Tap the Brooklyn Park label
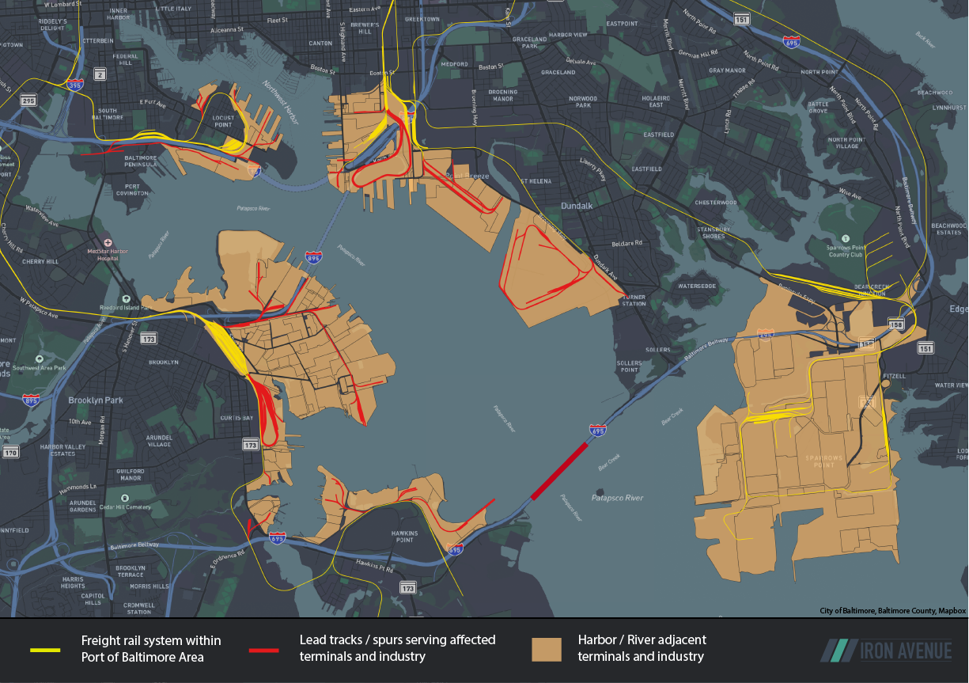tap(96, 400)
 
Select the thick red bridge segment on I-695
tap(558, 471)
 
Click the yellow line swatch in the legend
tap(45, 650)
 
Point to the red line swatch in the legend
tap(263, 650)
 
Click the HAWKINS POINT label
tap(403, 537)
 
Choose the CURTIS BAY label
tap(237, 418)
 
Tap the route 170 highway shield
tap(10, 453)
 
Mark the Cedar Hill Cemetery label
tap(123, 507)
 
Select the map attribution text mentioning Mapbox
tap(892, 611)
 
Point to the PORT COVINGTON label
tap(131, 190)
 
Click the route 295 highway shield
tap(28, 101)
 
